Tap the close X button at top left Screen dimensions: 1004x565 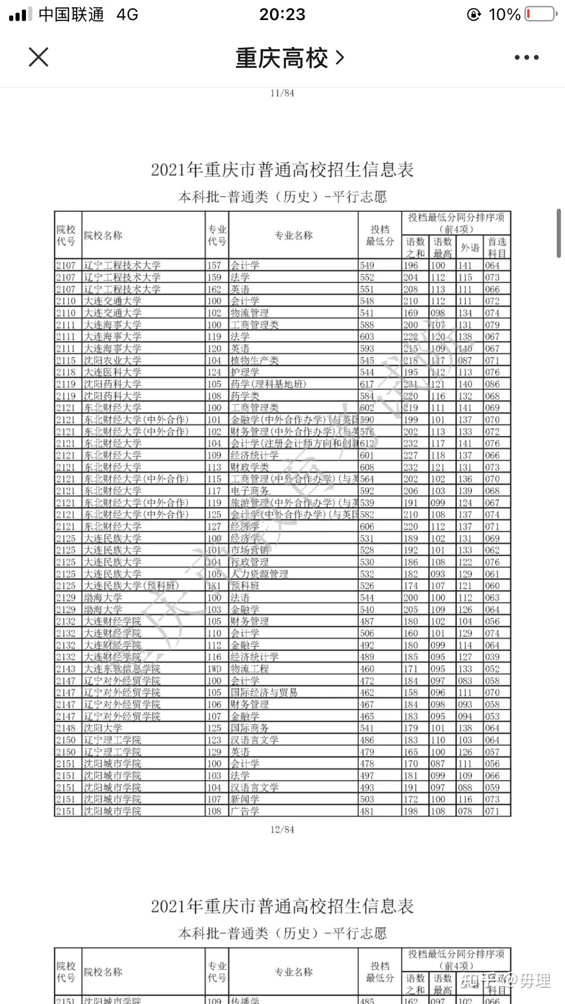(38, 57)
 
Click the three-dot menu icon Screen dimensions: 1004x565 (526, 57)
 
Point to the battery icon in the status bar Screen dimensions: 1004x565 (540, 14)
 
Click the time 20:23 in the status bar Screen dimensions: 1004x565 (282, 14)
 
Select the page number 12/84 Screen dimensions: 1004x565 (282, 829)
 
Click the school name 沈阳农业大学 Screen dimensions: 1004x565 (112, 360)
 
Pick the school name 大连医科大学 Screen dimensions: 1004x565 (112, 372)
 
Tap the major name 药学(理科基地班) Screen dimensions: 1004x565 (268, 384)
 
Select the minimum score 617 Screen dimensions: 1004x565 (367, 384)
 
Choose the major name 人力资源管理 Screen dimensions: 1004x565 (259, 574)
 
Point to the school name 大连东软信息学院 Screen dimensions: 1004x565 (122, 669)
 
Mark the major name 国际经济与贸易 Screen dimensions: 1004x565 (264, 692)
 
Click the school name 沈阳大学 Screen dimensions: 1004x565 (103, 728)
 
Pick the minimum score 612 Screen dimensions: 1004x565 (367, 443)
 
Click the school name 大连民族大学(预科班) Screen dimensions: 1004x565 (131, 586)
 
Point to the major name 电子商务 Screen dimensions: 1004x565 (250, 491)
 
